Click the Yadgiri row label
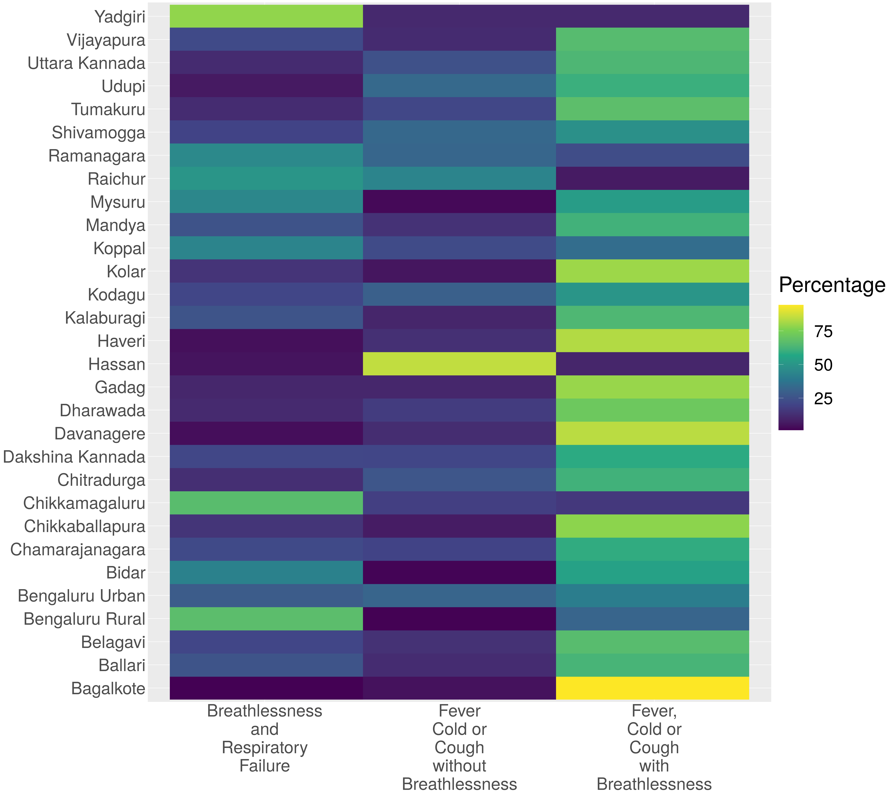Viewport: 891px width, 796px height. [x=120, y=17]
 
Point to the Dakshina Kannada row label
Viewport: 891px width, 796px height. [x=74, y=457]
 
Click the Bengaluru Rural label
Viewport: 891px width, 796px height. [x=84, y=619]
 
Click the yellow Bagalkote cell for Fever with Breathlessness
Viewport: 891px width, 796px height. [x=652, y=688]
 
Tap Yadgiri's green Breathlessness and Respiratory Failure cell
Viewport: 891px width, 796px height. [x=266, y=16]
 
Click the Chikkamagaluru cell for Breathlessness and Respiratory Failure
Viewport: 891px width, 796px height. [x=266, y=503]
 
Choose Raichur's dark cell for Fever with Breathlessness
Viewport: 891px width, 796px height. [x=652, y=178]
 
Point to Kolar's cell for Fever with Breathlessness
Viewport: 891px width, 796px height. [x=652, y=271]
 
